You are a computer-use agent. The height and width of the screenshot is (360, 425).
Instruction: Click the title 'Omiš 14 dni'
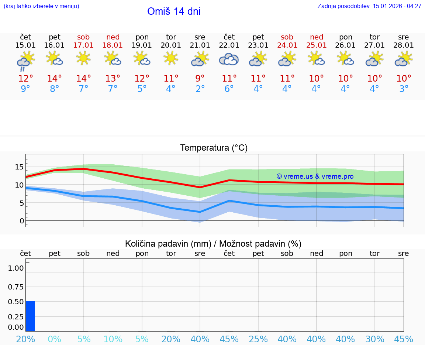click(x=174, y=11)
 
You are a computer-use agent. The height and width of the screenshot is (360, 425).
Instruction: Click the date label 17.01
click(x=84, y=45)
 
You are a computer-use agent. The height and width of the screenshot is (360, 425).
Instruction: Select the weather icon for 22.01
click(x=229, y=59)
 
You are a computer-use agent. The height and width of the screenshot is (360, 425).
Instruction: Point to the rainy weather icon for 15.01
click(x=25, y=61)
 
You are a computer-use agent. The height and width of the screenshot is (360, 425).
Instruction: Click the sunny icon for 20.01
click(x=171, y=58)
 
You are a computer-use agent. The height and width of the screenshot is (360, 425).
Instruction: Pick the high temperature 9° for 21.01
click(x=200, y=78)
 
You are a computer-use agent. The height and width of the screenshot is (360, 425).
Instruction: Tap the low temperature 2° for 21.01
click(x=200, y=89)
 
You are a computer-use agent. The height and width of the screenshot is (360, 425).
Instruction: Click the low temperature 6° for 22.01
click(x=229, y=89)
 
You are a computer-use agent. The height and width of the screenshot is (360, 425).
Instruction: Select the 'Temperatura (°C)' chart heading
click(x=214, y=148)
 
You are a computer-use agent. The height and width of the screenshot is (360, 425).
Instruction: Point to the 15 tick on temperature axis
click(x=19, y=167)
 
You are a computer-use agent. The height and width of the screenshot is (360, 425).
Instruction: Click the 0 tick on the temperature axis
click(x=22, y=221)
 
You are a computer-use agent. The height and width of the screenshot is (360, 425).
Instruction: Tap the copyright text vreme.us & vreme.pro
click(x=315, y=176)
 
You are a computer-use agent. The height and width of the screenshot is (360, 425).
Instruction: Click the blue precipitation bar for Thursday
click(x=30, y=316)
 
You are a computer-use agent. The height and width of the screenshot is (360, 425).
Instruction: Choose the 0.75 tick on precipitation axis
click(x=16, y=287)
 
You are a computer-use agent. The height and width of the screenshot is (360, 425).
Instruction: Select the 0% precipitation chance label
click(x=55, y=339)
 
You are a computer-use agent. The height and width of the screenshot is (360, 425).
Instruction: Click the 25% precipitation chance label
click(x=258, y=339)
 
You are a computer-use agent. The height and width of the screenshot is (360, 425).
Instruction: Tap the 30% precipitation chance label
click(x=375, y=339)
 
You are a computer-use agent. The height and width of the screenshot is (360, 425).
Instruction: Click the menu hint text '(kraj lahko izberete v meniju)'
click(x=41, y=6)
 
